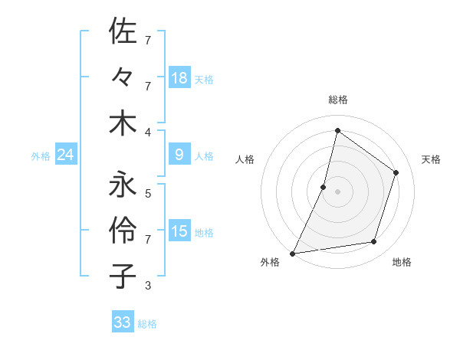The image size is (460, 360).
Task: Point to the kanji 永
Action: [123, 184]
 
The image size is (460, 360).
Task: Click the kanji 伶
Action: [123, 229]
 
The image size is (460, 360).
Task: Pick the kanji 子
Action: [123, 274]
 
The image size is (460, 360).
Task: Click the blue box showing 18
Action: [179, 77]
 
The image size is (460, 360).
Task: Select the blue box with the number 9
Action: [179, 155]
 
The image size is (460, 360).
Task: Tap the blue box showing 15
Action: [179, 231]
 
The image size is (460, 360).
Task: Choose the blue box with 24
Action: [65, 155]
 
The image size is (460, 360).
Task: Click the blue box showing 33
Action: [123, 322]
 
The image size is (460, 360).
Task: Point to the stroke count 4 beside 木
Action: [148, 132]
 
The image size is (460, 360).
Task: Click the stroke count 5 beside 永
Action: [148, 193]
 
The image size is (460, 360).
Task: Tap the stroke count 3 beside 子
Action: [148, 286]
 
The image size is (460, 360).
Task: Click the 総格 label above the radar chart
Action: [337, 100]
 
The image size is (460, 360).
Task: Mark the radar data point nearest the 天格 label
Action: [396, 172]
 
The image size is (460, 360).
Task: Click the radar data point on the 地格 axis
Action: [374, 242]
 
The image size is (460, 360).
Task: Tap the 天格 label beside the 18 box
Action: [204, 79]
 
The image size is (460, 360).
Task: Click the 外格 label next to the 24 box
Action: [41, 156]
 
